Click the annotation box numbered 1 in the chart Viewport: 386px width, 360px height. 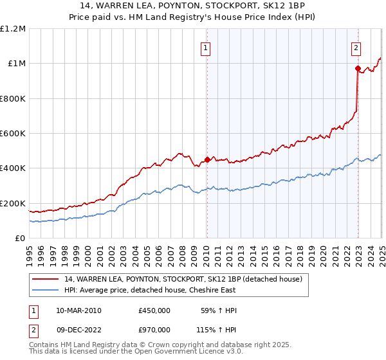point(205,47)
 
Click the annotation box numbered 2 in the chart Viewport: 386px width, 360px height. point(356,47)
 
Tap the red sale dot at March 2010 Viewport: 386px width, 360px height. point(207,160)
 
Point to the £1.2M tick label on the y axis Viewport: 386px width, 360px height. point(14,29)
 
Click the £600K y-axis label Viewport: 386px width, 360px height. point(14,134)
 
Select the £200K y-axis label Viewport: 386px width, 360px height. point(14,203)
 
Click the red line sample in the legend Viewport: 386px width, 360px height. point(45,278)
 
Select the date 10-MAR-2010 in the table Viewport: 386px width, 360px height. point(79,310)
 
